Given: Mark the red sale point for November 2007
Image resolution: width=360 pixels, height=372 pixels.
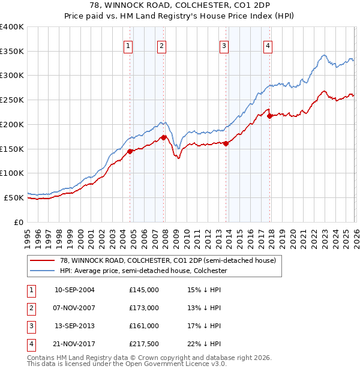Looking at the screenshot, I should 163,137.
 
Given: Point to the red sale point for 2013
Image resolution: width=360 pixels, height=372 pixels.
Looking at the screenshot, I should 226,143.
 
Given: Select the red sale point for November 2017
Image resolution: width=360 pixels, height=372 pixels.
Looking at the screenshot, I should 270,116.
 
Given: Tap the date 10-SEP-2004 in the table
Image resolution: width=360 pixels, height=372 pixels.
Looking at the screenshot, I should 74,290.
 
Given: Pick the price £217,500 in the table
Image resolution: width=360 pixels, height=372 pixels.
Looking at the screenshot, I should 144,344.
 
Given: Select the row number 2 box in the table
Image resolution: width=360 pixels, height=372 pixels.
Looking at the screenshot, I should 29,308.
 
